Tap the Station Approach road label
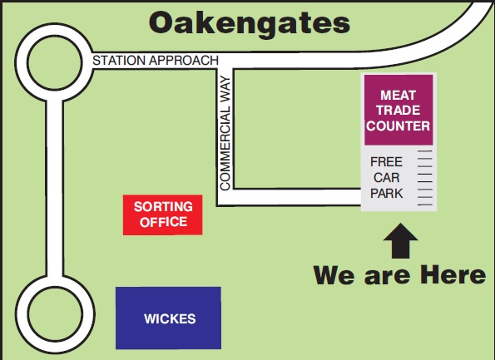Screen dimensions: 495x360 click(156, 60)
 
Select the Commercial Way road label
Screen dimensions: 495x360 click(225, 133)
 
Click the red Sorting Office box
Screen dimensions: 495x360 click(162, 215)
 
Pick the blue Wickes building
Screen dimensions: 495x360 click(168, 318)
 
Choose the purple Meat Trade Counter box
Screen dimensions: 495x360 click(398, 110)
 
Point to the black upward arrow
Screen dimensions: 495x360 click(400, 241)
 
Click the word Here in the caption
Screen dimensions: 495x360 click(453, 275)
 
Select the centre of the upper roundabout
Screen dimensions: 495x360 click(55, 62)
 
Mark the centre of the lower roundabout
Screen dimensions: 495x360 click(55, 313)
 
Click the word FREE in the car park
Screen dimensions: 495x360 click(386, 162)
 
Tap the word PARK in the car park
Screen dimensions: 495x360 click(386, 194)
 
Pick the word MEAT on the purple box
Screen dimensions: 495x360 click(398, 96)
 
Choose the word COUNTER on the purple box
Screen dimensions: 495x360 click(398, 126)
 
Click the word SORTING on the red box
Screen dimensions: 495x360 click(163, 207)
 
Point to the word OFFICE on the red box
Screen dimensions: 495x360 click(163, 222)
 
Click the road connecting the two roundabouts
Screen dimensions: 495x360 click(55, 189)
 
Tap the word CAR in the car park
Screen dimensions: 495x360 click(386, 178)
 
